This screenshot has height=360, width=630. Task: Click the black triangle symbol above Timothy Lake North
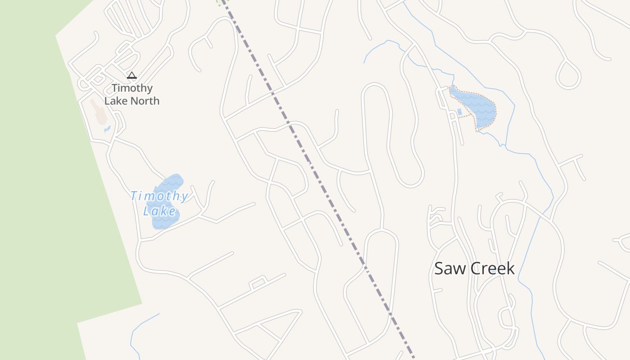(131, 76)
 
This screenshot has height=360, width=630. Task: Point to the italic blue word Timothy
(159, 196)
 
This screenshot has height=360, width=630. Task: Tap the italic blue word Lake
(159, 211)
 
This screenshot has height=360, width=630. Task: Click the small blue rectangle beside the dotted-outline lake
(459, 111)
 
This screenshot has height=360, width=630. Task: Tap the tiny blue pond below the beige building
(107, 130)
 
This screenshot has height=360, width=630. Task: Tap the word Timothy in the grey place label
(132, 88)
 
